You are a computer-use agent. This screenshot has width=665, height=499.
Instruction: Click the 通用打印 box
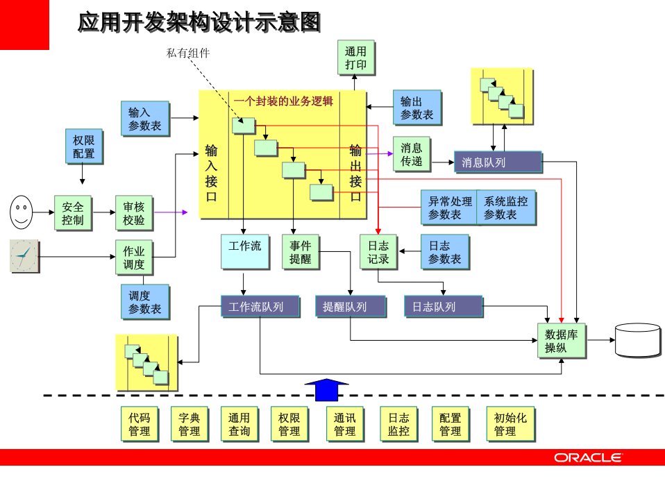(x=356, y=58)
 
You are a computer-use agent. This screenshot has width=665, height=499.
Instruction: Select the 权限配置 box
(x=83, y=146)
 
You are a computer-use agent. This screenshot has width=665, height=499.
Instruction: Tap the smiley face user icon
(x=22, y=212)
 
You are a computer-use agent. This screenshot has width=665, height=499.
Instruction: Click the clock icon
(x=24, y=256)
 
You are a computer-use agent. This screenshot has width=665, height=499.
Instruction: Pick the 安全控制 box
(x=73, y=213)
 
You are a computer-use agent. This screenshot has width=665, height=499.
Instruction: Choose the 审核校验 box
(x=134, y=213)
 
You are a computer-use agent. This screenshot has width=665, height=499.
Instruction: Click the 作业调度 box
(x=134, y=257)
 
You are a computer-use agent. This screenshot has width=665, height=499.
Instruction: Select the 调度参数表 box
(x=145, y=302)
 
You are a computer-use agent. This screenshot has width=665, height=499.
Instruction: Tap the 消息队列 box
(x=498, y=162)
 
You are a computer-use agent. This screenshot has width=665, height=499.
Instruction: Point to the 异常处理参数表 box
(x=449, y=208)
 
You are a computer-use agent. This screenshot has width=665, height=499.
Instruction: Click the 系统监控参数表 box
(x=507, y=208)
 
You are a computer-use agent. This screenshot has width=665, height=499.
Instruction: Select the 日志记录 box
(x=378, y=252)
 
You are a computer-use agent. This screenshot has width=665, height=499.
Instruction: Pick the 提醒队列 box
(x=350, y=307)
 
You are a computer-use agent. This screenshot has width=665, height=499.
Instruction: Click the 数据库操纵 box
(x=562, y=341)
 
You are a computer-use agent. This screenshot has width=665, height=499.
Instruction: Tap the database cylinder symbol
(x=637, y=340)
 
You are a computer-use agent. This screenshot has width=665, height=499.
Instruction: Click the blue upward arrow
(x=326, y=389)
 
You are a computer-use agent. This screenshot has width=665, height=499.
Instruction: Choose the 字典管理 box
(x=189, y=424)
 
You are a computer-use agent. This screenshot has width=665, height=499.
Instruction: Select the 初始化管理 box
(x=510, y=424)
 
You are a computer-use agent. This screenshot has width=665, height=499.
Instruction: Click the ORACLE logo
(x=588, y=457)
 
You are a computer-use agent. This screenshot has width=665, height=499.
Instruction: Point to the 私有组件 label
(x=188, y=53)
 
